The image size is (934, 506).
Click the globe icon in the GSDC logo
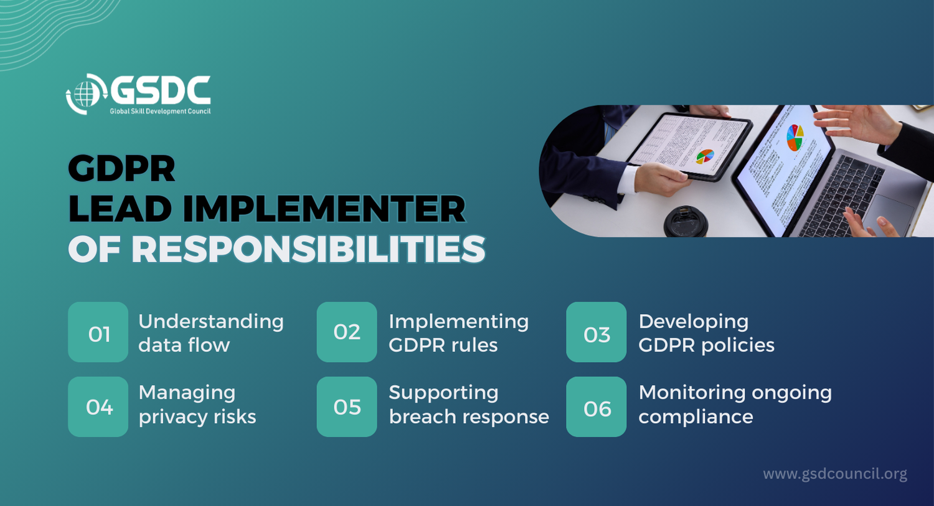tap(85, 93)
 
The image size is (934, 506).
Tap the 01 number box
tap(98, 332)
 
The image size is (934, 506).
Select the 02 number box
tap(346, 332)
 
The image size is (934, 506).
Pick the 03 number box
tap(597, 332)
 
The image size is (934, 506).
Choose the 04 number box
tap(98, 407)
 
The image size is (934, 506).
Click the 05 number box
tap(346, 407)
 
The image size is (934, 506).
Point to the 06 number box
tap(597, 407)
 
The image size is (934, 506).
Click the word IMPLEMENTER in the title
tap(324, 209)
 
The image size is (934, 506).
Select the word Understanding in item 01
tap(211, 322)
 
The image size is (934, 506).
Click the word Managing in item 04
tap(187, 393)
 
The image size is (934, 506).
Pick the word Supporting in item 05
tap(443, 393)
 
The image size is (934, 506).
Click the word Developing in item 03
tap(694, 322)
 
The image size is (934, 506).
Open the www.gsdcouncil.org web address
tap(835, 474)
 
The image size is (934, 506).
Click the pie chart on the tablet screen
tap(705, 156)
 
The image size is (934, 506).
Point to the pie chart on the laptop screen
tap(795, 138)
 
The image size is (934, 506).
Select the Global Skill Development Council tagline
tap(160, 112)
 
